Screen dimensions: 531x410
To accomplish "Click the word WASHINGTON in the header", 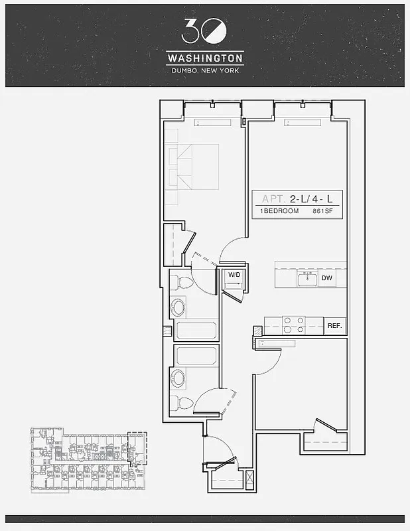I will click(x=204, y=58).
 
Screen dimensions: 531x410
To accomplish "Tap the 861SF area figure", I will click(x=324, y=211).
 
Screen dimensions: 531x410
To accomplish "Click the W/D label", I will click(x=234, y=274).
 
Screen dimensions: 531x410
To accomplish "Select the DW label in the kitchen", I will click(x=326, y=279).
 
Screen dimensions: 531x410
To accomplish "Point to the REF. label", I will click(x=334, y=326).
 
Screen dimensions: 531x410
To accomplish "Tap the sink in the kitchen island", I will click(x=307, y=279).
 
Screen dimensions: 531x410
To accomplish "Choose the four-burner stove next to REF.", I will click(x=294, y=325).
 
